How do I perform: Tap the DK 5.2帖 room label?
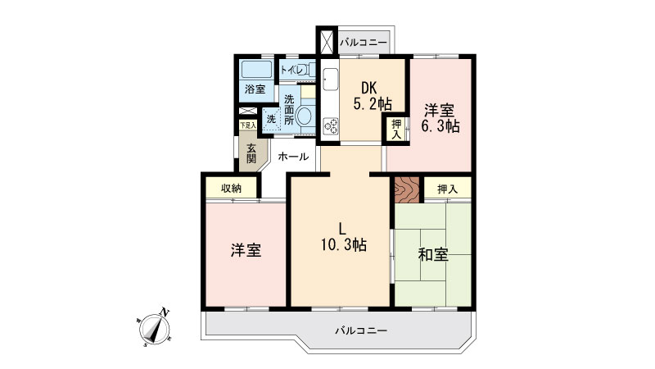(372, 96)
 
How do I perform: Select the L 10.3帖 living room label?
(343, 236)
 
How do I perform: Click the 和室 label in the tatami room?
(433, 254)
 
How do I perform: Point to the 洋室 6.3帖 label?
(440, 118)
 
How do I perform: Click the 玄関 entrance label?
(251, 153)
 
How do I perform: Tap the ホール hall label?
(293, 157)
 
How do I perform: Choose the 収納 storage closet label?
(232, 189)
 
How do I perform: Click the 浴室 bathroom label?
(255, 89)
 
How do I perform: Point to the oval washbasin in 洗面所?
(304, 116)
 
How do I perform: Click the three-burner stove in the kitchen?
(332, 126)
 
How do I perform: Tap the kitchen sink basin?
(331, 79)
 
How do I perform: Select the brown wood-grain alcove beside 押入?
(406, 189)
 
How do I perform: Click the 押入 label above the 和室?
(448, 189)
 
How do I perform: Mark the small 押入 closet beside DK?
(396, 129)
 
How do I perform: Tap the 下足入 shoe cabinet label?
(248, 125)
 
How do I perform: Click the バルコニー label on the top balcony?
(364, 43)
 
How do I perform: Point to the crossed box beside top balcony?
(327, 41)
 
